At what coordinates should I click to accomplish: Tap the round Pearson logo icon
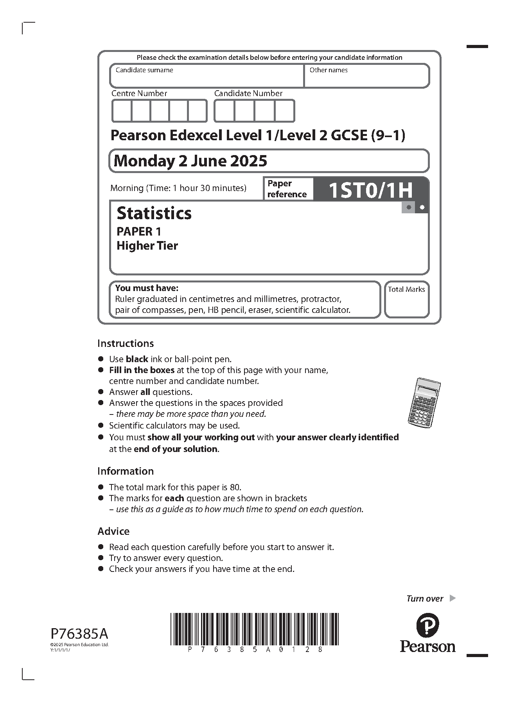pos(427,625)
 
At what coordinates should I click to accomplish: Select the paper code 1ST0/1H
pos(370,190)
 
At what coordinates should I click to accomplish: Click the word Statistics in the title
pos(154,213)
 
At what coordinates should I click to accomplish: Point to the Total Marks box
pos(406,300)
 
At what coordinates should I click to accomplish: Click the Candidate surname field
pos(207,76)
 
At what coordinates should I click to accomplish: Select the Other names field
pos(366,76)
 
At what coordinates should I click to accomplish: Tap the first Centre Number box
pos(122,111)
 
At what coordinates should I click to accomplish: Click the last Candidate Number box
pos(284,111)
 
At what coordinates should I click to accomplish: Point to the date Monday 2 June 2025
pos(190,161)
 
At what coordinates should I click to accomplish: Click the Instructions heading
pos(126,343)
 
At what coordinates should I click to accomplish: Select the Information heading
pos(126,471)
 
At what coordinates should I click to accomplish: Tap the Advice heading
pos(113,531)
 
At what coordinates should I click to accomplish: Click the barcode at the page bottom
pos(254,629)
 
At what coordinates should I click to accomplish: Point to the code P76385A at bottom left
pos(79,633)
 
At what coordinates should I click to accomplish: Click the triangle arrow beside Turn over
pos(453,598)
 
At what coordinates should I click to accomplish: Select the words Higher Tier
pos(147,246)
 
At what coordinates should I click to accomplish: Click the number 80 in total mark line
pos(235,487)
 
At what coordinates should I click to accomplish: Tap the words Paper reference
pos(287,189)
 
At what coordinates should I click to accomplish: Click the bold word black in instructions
pos(137,359)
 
